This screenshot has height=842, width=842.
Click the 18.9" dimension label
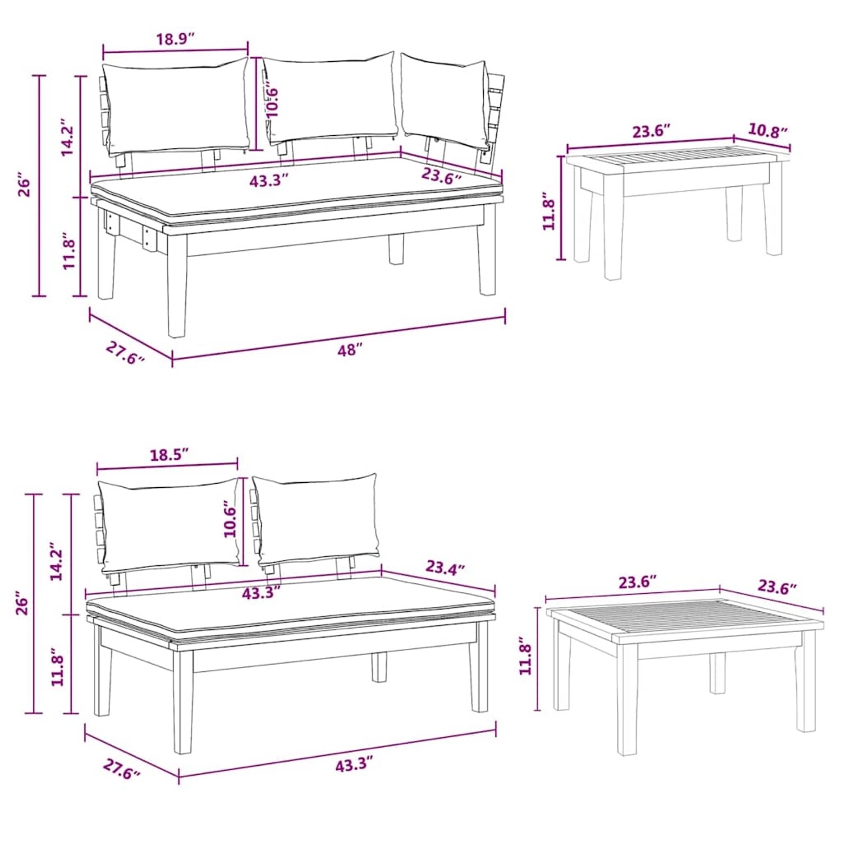[175, 39]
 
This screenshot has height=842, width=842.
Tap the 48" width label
[350, 350]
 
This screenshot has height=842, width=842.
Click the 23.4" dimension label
[445, 568]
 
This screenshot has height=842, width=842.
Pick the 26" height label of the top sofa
[24, 186]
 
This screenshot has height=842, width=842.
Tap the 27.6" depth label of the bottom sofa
[121, 769]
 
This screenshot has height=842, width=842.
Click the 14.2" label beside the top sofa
[67, 137]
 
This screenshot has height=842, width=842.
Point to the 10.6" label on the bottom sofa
[231, 520]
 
